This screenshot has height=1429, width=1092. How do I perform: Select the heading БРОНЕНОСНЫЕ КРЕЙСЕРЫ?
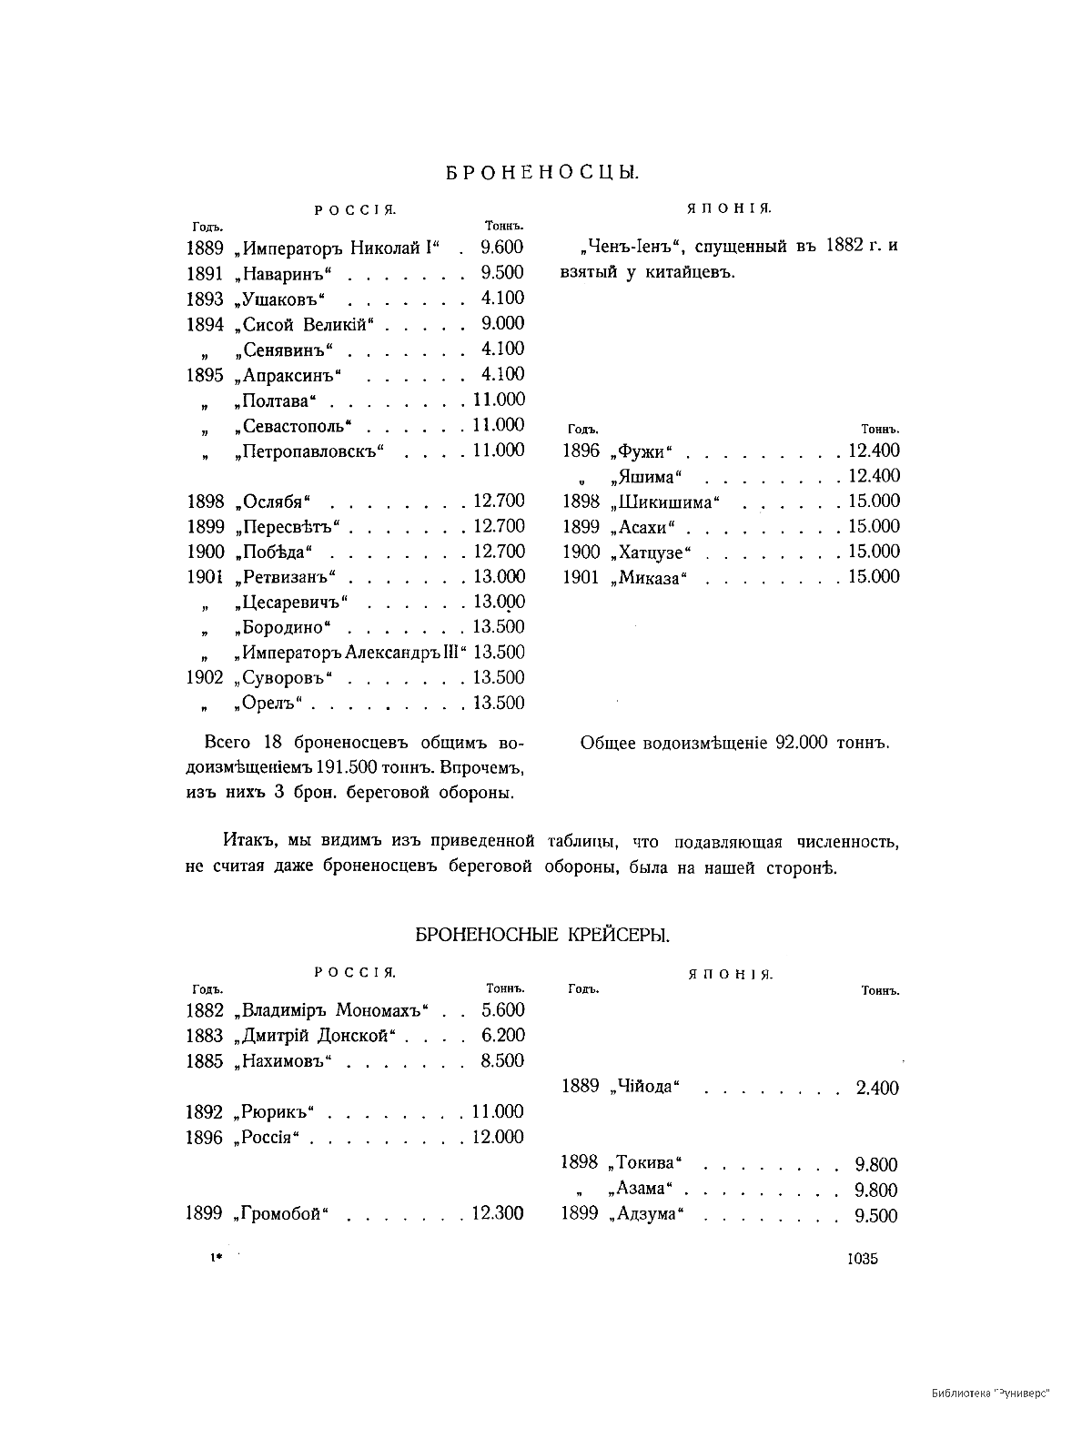[x=543, y=934]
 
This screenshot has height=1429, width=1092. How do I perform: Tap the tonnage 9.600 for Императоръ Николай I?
[x=502, y=248]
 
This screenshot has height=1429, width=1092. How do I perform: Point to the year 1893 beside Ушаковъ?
[x=205, y=299]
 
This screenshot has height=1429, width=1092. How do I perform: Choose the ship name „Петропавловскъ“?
[x=309, y=451]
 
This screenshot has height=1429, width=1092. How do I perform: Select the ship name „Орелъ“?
[x=270, y=703]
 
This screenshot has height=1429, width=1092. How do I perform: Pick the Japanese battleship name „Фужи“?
[x=642, y=451]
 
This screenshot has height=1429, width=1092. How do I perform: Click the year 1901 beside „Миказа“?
[x=581, y=577]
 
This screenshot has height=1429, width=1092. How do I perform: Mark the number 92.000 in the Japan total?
[x=799, y=743]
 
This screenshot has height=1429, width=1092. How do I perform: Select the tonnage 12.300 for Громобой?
[x=497, y=1213]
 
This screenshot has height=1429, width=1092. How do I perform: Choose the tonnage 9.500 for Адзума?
[x=876, y=1216]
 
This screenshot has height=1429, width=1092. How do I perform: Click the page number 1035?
[x=862, y=1259]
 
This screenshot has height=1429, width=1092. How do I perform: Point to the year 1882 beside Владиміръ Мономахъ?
[x=205, y=1010]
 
